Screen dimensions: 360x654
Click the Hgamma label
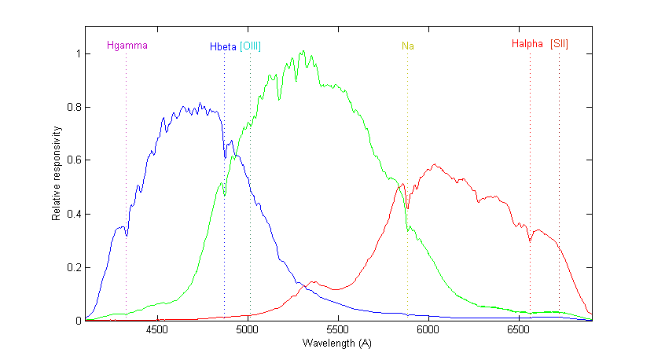(x=127, y=46)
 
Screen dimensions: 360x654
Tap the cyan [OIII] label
(x=250, y=46)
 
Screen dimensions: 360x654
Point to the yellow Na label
(x=407, y=46)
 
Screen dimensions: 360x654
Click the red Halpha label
(x=527, y=44)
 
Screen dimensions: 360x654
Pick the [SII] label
(x=559, y=44)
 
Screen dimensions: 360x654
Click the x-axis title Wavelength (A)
(x=338, y=343)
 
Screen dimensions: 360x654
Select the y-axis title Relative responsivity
(x=57, y=173)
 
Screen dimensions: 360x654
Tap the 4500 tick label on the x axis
(x=157, y=330)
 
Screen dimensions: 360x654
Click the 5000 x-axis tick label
(x=248, y=330)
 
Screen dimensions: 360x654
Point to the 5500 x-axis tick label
(x=338, y=330)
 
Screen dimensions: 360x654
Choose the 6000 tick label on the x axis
(x=428, y=330)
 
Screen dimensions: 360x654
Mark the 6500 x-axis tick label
(x=519, y=330)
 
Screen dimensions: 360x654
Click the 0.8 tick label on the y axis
(x=73, y=108)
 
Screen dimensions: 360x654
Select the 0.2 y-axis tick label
(x=73, y=268)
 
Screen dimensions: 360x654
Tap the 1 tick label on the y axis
(x=77, y=54)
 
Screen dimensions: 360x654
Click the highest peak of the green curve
(x=303, y=52)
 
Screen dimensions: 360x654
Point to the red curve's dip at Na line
(x=407, y=208)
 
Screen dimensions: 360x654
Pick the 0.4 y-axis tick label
(x=73, y=215)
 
